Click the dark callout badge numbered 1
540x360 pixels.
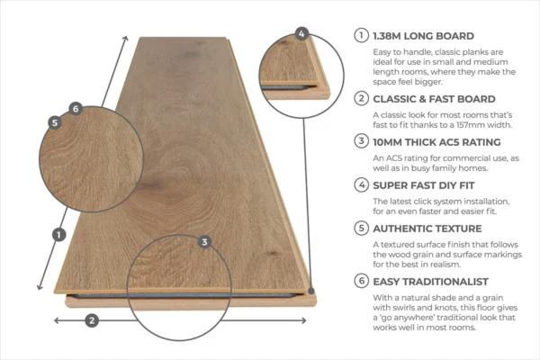click(x=58, y=235)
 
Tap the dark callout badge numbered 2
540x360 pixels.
click(x=92, y=320)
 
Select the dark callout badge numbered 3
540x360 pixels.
click(x=204, y=242)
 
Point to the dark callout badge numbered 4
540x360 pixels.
click(x=301, y=34)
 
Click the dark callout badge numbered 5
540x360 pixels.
click(x=55, y=122)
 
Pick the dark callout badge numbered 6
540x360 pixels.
click(x=76, y=109)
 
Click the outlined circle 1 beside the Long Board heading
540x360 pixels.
click(x=361, y=35)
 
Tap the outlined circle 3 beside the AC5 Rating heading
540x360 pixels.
click(x=361, y=141)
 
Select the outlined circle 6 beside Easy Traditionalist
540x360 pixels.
click(x=361, y=281)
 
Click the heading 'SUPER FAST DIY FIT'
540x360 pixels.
click(x=424, y=185)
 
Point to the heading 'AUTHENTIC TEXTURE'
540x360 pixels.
click(x=427, y=229)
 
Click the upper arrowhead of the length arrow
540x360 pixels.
click(x=126, y=38)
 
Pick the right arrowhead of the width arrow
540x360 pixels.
click(x=303, y=320)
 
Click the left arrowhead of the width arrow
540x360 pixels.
click(x=58, y=320)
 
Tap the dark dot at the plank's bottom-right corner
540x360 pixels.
click(x=311, y=291)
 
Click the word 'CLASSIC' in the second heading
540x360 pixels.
click(x=395, y=99)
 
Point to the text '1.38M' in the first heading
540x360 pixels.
click(x=387, y=36)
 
